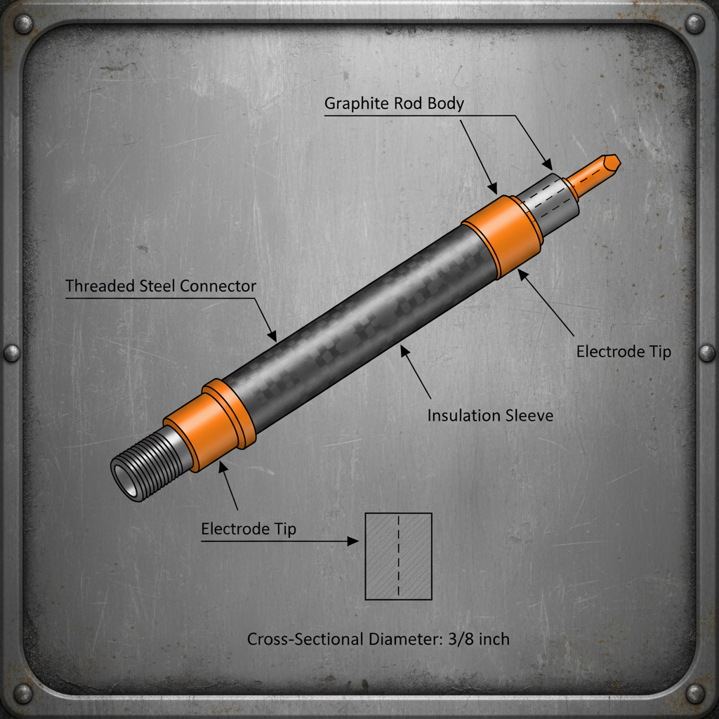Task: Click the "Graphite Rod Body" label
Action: (394, 104)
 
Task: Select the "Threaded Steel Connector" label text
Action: (161, 286)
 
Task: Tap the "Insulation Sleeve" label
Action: (490, 416)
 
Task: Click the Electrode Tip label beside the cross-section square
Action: (249, 529)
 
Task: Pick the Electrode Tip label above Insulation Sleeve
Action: (624, 351)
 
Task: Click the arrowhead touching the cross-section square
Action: (355, 541)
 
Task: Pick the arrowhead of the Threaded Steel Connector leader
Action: (274, 336)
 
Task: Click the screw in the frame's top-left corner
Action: (23, 25)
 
